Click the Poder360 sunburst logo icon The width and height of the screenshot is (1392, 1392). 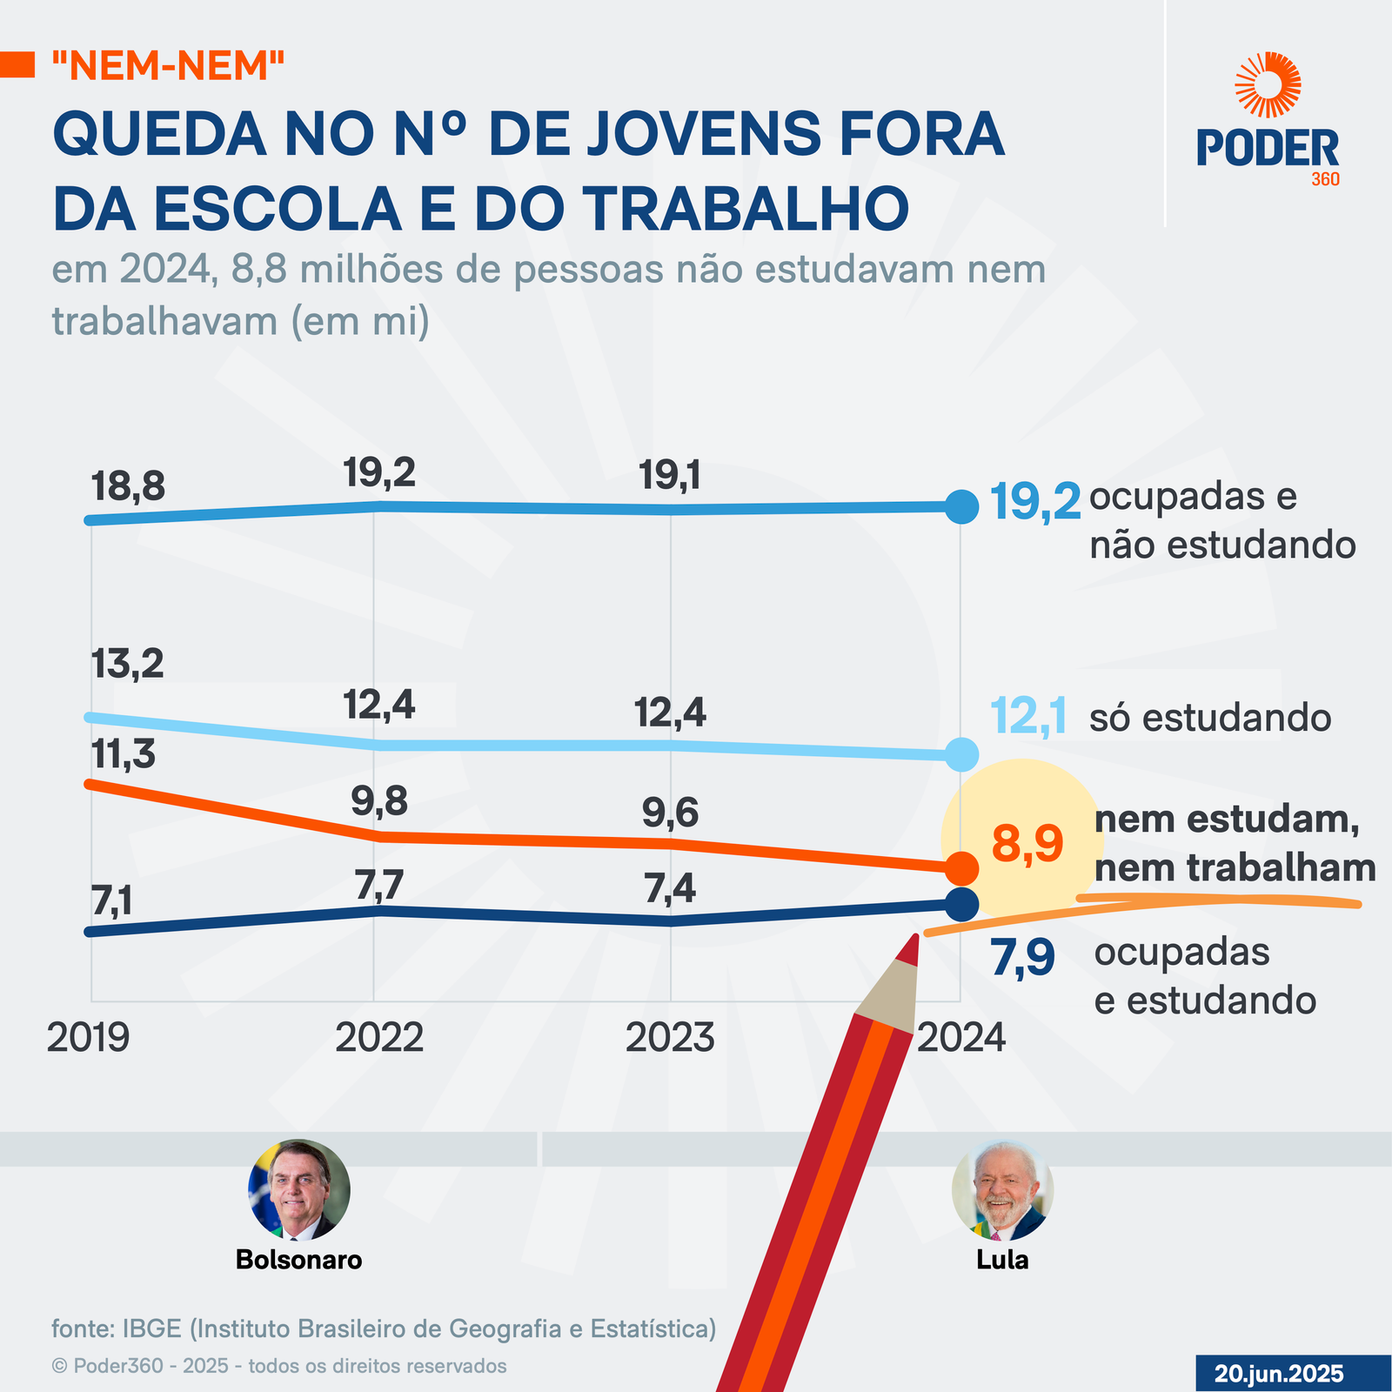coord(1268,84)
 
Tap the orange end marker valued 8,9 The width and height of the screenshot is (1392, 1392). coord(961,867)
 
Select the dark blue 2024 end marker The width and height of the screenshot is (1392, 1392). coord(961,904)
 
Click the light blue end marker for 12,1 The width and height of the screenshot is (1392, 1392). coord(961,754)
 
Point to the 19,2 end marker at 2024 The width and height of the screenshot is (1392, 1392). coord(961,506)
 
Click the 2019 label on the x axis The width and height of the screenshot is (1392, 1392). coord(88,1038)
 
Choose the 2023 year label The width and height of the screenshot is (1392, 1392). coord(670,1038)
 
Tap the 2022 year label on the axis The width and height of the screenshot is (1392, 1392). coord(379,1038)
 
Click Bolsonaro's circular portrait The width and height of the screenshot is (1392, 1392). coord(299,1190)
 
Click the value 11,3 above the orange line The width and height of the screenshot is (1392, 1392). coord(123,755)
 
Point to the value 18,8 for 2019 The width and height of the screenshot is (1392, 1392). coord(128,487)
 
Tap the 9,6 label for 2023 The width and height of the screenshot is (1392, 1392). coord(670,813)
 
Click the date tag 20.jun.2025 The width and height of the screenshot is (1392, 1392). coord(1279,1374)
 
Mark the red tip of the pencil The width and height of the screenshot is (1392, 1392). coord(910,949)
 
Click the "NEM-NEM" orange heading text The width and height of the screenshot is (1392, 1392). coord(168,65)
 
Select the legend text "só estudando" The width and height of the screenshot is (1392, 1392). coord(1210,719)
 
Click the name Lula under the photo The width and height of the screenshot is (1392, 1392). coord(1002,1260)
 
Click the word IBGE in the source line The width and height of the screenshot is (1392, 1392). coord(151,1328)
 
